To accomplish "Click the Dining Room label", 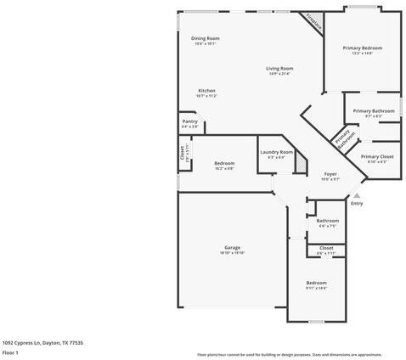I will pyautogui.click(x=205, y=38).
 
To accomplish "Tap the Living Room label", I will pyautogui.click(x=279, y=68).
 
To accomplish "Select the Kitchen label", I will pyautogui.click(x=206, y=91).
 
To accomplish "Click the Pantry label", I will pyautogui.click(x=190, y=121).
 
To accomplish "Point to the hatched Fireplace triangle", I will pyautogui.click(x=316, y=21).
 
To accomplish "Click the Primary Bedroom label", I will pyautogui.click(x=363, y=48).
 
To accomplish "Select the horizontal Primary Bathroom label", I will pyautogui.click(x=373, y=110).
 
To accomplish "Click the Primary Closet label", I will pyautogui.click(x=376, y=157).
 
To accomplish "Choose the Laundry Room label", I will pyautogui.click(x=276, y=152).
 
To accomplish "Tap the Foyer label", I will pyautogui.click(x=330, y=174).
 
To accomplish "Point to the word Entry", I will pyautogui.click(x=357, y=203).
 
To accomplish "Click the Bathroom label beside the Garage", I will pyautogui.click(x=328, y=221).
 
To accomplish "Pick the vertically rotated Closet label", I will pyautogui.click(x=181, y=152).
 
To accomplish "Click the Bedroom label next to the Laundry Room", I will pyautogui.click(x=224, y=163).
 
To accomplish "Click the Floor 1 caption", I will pyautogui.click(x=10, y=352).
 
